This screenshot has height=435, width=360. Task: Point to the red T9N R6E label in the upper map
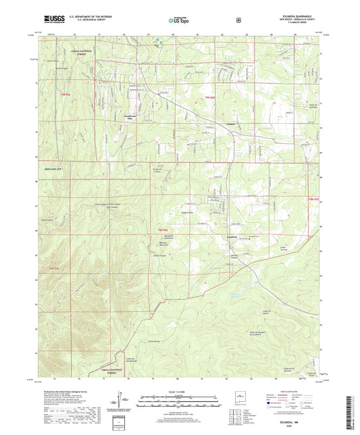(210, 98)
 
